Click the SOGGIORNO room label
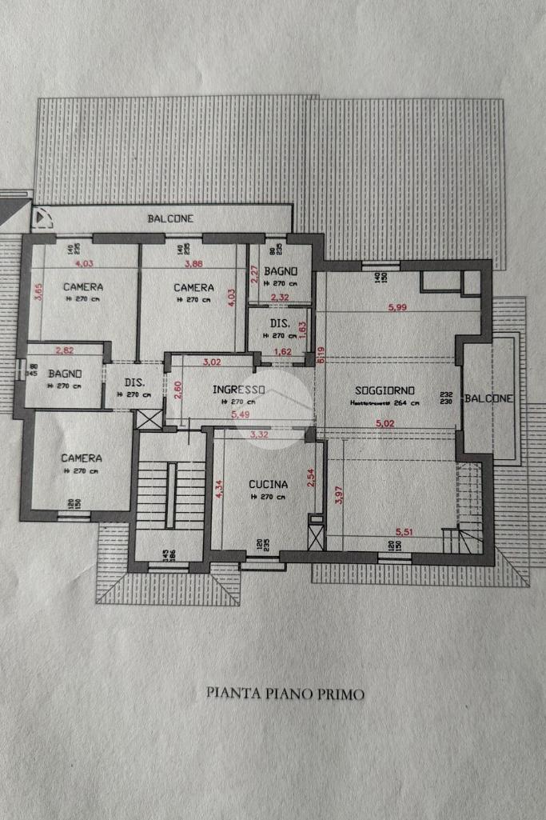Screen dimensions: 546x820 pos(385,390)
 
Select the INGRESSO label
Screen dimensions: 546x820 pos(238,389)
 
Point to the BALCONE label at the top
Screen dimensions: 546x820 pos(170,218)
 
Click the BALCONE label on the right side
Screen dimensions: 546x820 pos(489,398)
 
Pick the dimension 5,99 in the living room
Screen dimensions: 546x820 pos(397,308)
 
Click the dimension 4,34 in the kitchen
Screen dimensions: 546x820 pos(219,489)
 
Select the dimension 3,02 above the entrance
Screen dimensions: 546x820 pos(212,362)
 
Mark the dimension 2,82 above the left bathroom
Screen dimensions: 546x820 pos(65,350)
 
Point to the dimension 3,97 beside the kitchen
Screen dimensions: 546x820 pos(339,495)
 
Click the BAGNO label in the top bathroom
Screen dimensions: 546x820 pos(281,271)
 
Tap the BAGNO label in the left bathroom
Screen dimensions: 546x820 pos(62,374)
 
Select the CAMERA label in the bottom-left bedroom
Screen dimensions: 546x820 pos(82,458)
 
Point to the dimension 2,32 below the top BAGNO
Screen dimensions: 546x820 pos(279,298)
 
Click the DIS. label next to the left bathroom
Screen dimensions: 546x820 pos(134,382)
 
